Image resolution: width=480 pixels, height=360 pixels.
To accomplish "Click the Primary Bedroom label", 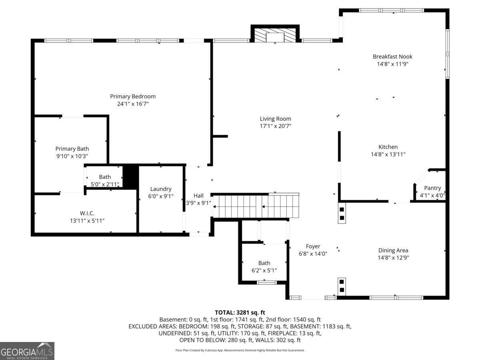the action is click(x=133, y=96).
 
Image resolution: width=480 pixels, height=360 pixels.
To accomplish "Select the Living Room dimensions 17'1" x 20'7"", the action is click(x=275, y=126).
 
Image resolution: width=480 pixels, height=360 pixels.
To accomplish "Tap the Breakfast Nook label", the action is click(x=392, y=57).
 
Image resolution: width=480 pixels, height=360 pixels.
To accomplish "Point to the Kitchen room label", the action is click(x=388, y=147).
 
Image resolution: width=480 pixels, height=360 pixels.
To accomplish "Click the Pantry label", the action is click(x=432, y=188).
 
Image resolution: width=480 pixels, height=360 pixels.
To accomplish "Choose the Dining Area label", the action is click(x=393, y=250).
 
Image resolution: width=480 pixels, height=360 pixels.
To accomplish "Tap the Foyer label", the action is click(x=313, y=246).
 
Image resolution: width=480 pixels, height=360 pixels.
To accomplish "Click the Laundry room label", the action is click(x=161, y=189).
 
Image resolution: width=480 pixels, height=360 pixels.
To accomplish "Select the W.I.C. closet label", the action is click(x=87, y=213).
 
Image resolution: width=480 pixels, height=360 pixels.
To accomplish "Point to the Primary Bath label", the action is click(x=72, y=149).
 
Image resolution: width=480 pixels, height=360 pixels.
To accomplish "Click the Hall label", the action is click(x=198, y=196).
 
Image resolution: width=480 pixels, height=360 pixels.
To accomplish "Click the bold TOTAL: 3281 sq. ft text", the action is click(x=240, y=312).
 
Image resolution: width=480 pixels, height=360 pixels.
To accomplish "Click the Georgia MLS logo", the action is click(x=27, y=351).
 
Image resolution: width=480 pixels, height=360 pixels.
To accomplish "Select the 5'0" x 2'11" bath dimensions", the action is click(x=105, y=184).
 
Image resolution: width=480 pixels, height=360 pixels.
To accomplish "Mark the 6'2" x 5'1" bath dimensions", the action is click(x=264, y=270).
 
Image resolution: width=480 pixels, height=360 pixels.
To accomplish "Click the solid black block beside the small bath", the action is click(x=130, y=177).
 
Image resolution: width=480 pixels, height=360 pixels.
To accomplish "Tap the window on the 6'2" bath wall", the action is click(x=266, y=283).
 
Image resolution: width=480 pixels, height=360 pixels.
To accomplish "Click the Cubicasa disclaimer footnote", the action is click(x=240, y=350).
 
